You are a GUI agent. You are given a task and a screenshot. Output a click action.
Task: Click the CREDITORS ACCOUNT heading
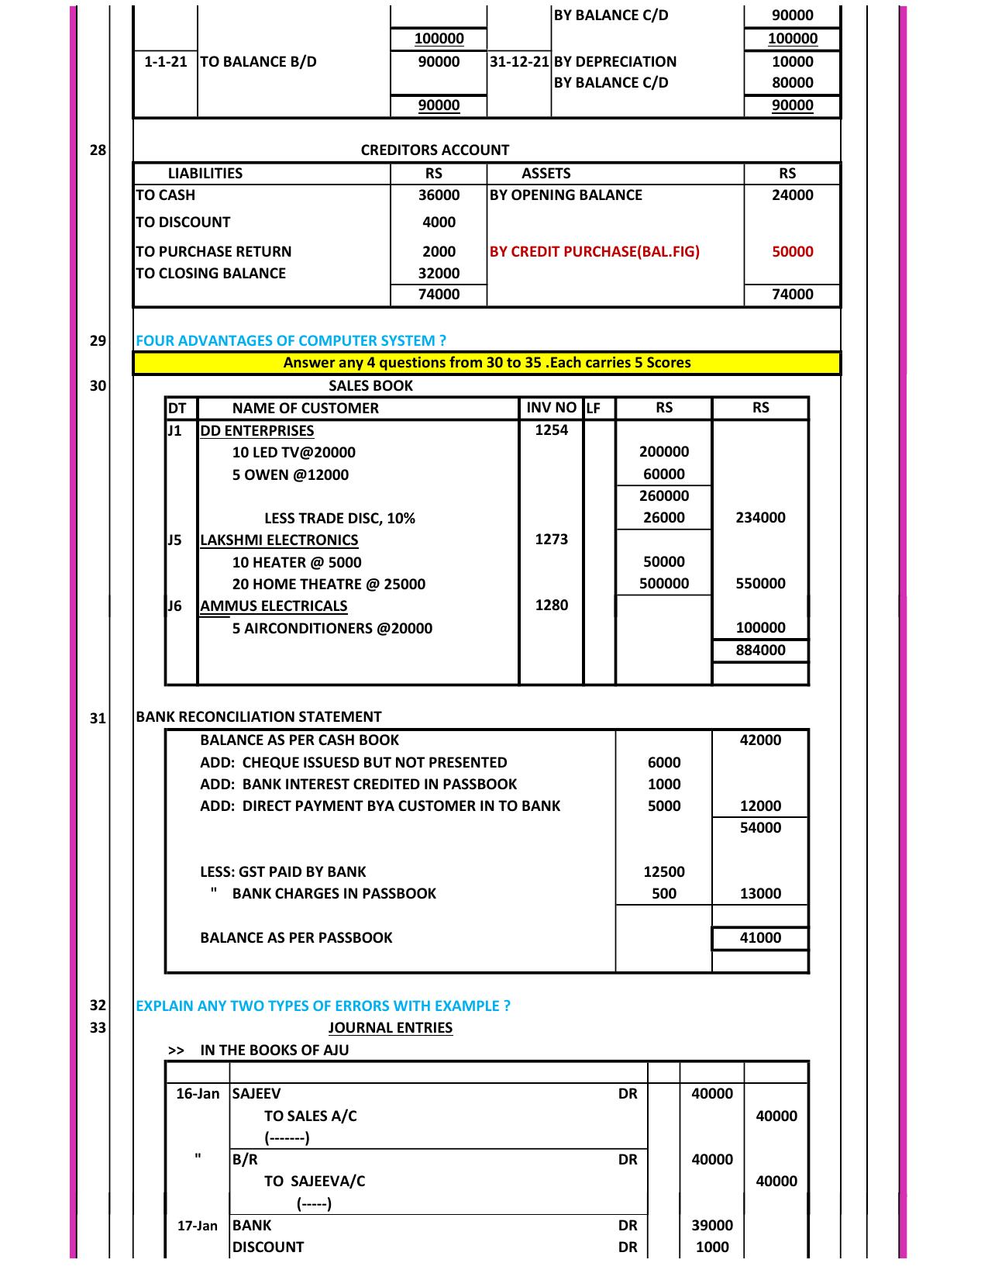pyautogui.click(x=435, y=150)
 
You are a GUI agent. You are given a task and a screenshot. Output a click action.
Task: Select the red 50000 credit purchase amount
pyautogui.click(x=792, y=251)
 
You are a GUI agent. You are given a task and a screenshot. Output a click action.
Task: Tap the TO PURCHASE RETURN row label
pyautogui.click(x=214, y=251)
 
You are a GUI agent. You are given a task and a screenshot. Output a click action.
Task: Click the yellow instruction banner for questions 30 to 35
pyautogui.click(x=487, y=362)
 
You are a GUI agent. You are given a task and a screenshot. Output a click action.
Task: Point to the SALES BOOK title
pyautogui.click(x=370, y=385)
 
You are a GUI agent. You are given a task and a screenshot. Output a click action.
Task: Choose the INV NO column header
pyautogui.click(x=551, y=408)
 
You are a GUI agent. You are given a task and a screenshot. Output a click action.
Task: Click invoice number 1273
pyautogui.click(x=551, y=540)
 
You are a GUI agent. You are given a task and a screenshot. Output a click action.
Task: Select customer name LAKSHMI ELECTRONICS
pyautogui.click(x=279, y=540)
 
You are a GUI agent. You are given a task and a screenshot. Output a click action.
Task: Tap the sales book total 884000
pyautogui.click(x=760, y=650)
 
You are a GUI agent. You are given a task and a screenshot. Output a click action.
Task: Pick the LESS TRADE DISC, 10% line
pyautogui.click(x=339, y=518)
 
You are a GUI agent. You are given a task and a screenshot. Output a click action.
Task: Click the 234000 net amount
pyautogui.click(x=760, y=517)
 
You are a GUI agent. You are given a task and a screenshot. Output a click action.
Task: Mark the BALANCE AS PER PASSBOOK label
pyautogui.click(x=296, y=937)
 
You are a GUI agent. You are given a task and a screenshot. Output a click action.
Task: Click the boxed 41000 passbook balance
pyautogui.click(x=760, y=937)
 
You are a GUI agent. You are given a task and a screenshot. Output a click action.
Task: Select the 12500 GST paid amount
pyautogui.click(x=664, y=871)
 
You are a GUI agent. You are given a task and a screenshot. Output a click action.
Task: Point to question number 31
pyautogui.click(x=98, y=718)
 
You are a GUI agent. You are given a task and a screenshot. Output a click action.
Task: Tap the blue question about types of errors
pyautogui.click(x=323, y=1006)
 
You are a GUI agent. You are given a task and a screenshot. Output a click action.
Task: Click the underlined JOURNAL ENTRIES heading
pyautogui.click(x=390, y=1027)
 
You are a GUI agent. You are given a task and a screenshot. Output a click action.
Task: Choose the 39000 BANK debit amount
pyautogui.click(x=711, y=1225)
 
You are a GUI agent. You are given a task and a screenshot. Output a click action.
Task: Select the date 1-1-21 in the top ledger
pyautogui.click(x=166, y=61)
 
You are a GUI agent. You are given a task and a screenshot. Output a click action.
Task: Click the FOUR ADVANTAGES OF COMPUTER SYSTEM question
pyautogui.click(x=291, y=340)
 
